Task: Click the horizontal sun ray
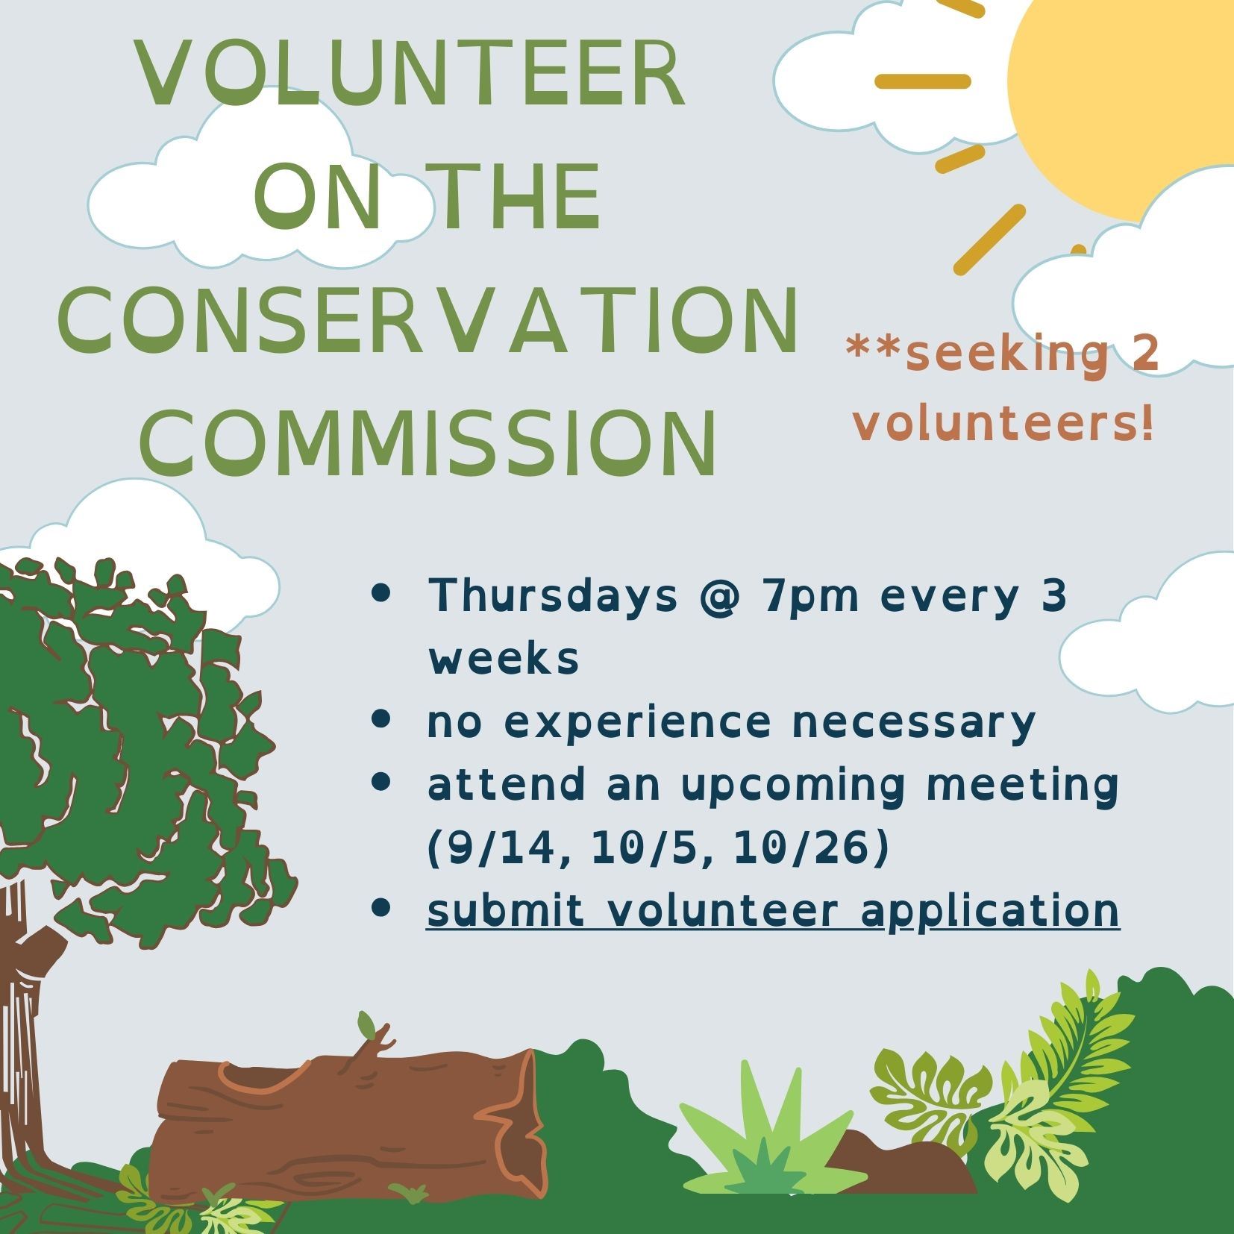922,81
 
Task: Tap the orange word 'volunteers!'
1004,424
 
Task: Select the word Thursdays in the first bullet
552,595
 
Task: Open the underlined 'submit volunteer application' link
772,910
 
